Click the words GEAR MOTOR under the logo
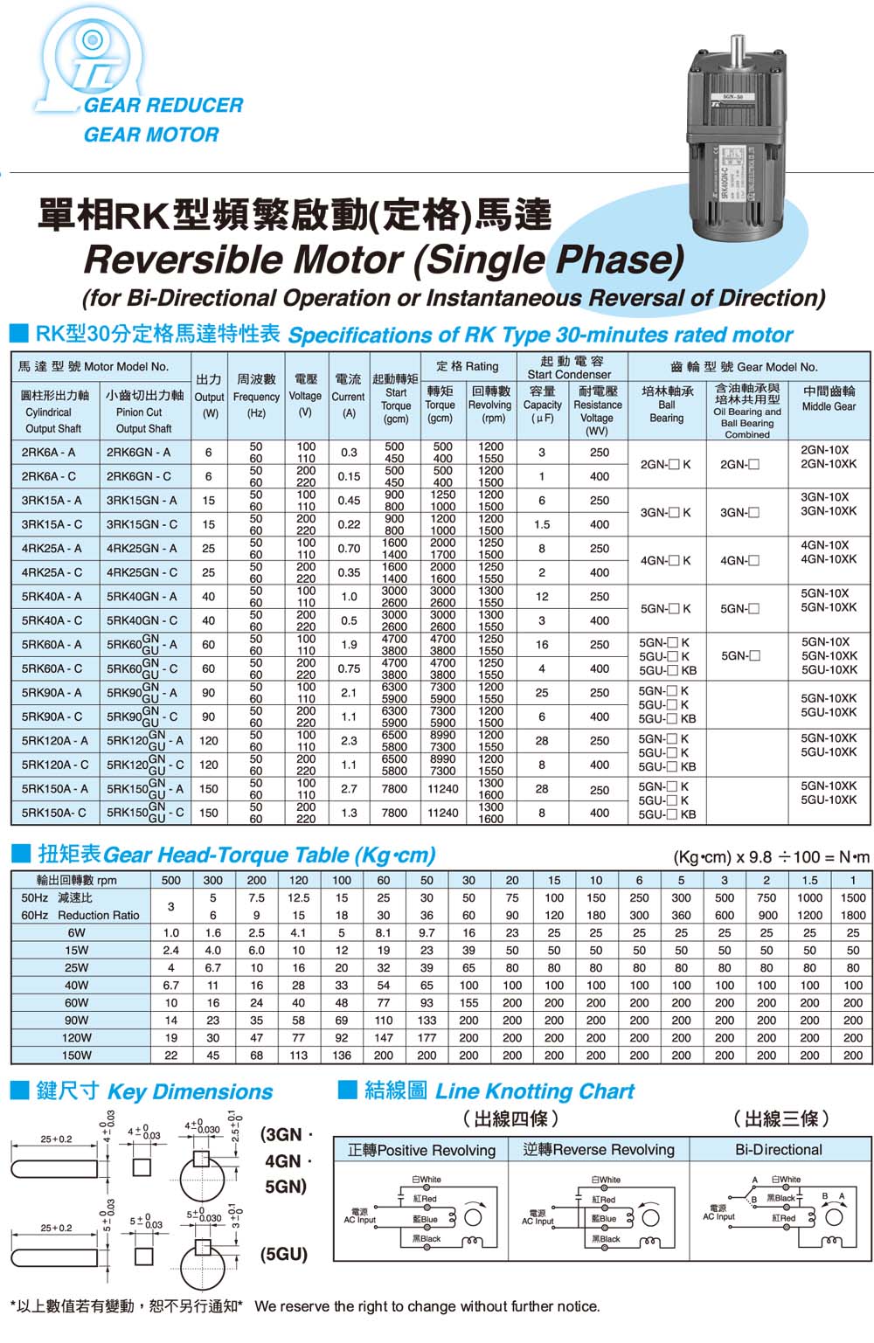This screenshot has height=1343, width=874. click(150, 135)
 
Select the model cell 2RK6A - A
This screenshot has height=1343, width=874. click(48, 453)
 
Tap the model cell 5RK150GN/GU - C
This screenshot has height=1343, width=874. click(144, 813)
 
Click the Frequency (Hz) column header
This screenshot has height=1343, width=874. click(256, 405)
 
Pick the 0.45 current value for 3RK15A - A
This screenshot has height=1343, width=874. click(349, 501)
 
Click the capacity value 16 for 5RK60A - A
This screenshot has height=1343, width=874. click(542, 645)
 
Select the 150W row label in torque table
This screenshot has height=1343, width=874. click(76, 1055)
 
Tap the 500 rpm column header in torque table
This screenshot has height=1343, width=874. click(171, 880)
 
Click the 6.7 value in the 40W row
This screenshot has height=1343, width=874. click(171, 985)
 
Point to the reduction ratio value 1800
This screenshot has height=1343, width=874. click(852, 915)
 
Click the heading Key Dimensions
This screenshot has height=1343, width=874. click(190, 1091)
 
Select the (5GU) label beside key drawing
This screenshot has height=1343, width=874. click(285, 1255)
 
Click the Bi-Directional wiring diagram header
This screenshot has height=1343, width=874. click(778, 1150)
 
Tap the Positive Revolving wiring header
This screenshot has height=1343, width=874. click(421, 1150)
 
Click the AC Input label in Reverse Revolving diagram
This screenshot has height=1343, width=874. click(538, 1217)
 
